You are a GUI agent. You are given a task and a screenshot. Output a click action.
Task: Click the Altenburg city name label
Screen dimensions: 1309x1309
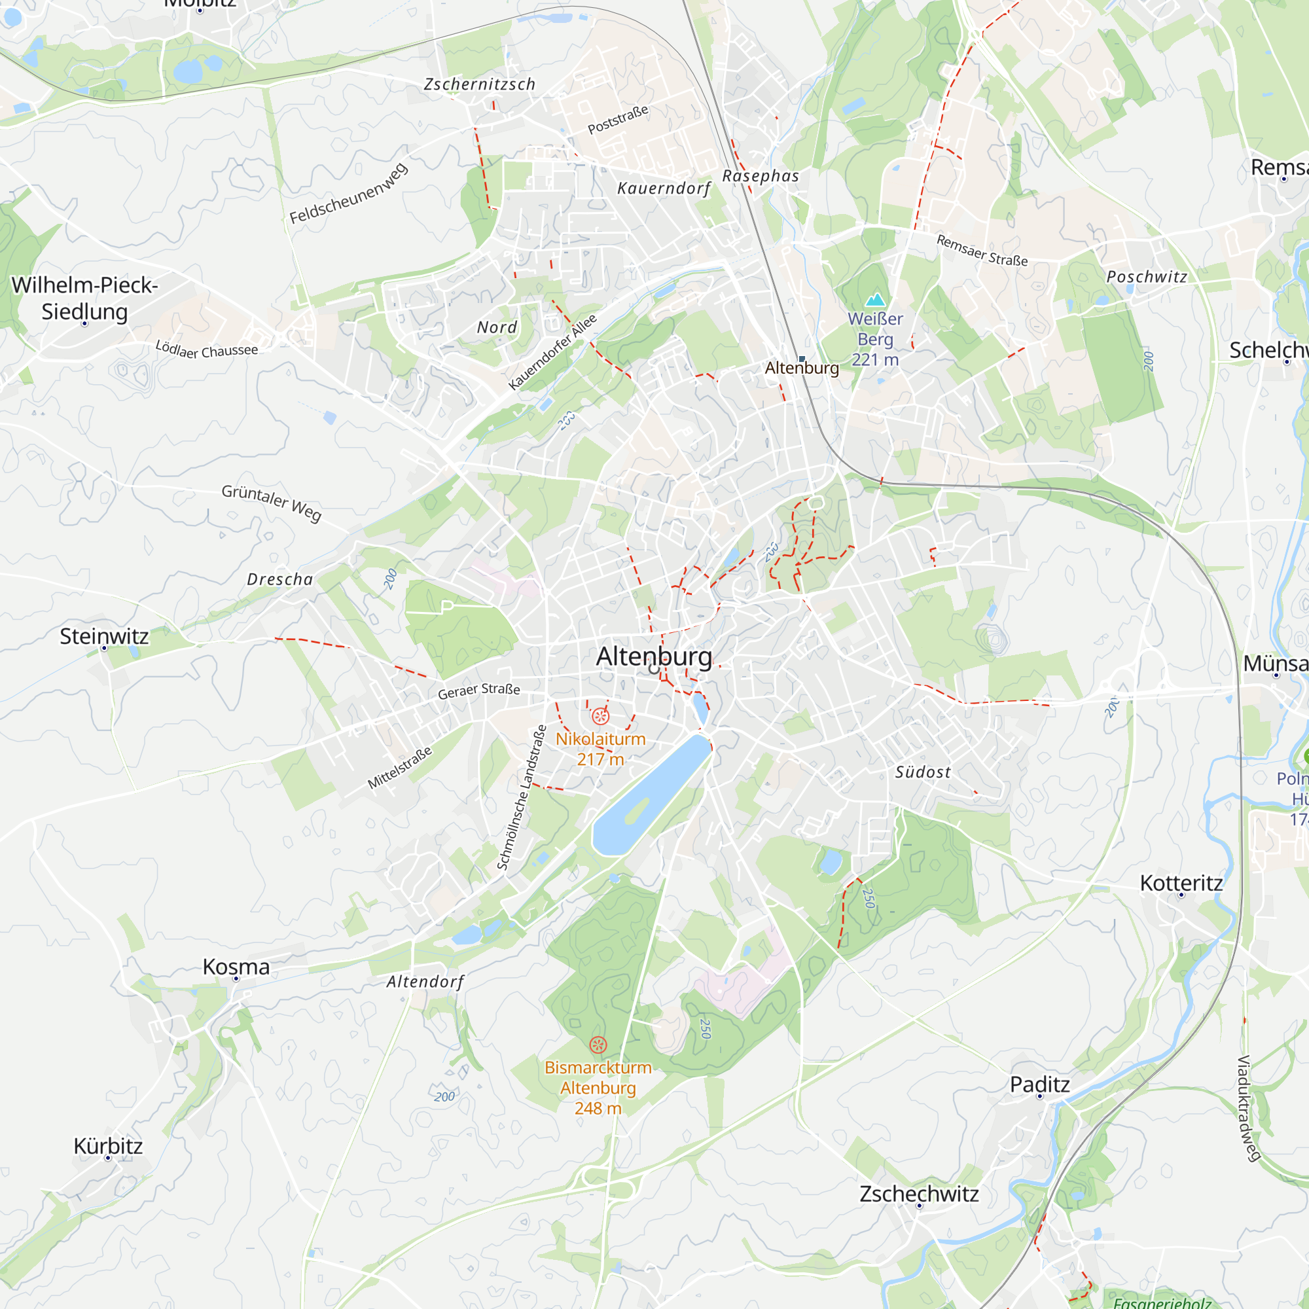pos(654,656)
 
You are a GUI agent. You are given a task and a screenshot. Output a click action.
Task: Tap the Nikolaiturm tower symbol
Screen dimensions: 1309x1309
pos(600,716)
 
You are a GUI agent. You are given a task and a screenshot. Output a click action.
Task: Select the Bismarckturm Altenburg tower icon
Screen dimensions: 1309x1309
pos(598,1044)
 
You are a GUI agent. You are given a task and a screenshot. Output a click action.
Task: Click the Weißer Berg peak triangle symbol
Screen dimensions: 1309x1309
pos(875,299)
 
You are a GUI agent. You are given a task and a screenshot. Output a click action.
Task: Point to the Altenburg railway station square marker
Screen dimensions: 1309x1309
pos(802,359)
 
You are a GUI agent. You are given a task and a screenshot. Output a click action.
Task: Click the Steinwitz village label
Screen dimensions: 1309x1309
pos(104,636)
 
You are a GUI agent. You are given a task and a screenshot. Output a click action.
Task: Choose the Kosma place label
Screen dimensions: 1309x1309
pos(236,967)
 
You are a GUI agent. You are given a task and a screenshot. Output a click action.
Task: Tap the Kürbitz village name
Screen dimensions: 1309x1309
pos(109,1146)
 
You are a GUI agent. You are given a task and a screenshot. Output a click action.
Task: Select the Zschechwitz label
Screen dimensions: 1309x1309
pos(919,1193)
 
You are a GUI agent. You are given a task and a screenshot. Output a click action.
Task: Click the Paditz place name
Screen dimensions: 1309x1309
pos(1039,1084)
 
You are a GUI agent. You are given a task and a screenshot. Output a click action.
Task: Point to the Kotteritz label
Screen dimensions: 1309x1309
pos(1181,883)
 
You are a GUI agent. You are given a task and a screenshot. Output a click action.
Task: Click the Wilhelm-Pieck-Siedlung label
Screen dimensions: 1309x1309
pos(84,298)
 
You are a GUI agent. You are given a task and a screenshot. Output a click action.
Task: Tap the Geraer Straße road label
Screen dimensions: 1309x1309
pos(479,690)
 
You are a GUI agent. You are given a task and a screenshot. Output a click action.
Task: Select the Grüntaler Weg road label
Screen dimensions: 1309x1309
pos(272,502)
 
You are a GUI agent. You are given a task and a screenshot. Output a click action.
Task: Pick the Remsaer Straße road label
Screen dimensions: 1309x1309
pos(982,250)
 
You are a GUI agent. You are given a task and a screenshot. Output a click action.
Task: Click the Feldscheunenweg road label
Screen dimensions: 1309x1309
pos(349,193)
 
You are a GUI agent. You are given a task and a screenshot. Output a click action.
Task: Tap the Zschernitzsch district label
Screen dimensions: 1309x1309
pos(480,84)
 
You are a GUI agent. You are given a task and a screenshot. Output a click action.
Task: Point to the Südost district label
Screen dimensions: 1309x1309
pos(923,772)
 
